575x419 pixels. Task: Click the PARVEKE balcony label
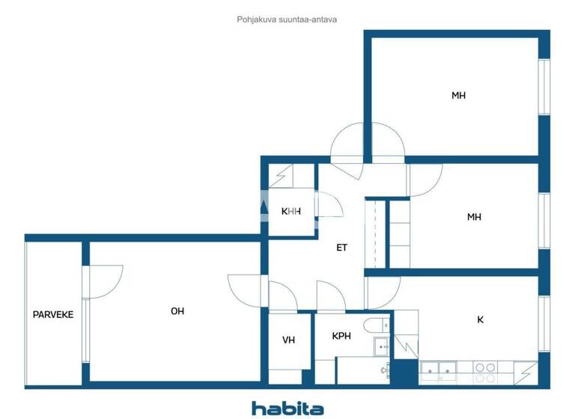point(52,315)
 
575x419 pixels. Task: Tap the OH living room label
point(177,311)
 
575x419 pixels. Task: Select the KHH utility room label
point(290,212)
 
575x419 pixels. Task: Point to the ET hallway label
point(341,248)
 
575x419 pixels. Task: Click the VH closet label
point(288,340)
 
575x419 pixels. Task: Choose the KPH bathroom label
point(341,336)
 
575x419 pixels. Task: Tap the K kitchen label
point(480,320)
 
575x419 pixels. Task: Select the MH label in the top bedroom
point(459,96)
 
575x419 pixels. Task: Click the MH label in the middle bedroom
point(474,217)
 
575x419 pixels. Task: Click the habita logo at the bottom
point(287,409)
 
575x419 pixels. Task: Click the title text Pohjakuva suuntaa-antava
point(287,20)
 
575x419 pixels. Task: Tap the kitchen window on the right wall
point(544,323)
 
